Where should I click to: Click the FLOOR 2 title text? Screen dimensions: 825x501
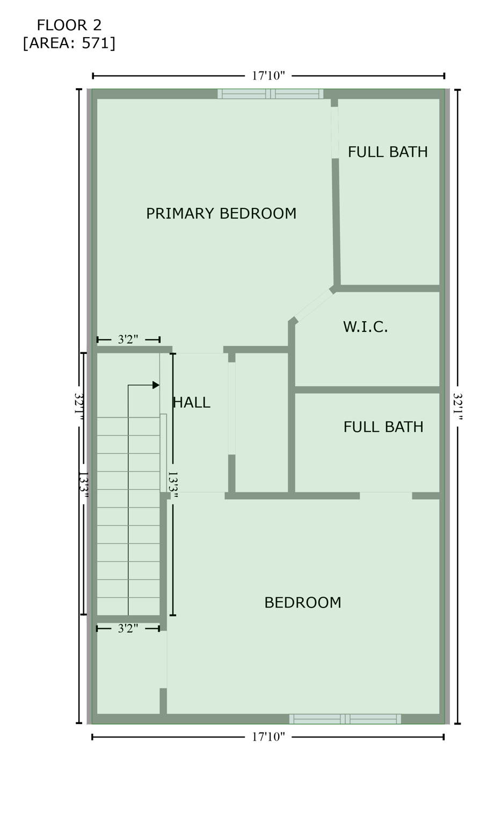69,25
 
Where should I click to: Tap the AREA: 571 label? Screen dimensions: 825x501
69,43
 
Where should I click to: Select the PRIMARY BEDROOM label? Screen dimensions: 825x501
221,214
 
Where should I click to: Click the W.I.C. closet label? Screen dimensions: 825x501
365,327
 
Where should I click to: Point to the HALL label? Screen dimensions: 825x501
192,403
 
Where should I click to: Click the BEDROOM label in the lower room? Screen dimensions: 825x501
303,603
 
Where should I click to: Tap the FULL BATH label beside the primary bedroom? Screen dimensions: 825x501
388,152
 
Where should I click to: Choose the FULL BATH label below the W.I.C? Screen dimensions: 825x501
383,427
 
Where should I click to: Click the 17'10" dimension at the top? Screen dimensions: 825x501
268,76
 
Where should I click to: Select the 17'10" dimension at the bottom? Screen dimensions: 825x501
268,737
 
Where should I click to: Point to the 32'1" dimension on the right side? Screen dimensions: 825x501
458,407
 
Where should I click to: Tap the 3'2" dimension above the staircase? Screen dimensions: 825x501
128,339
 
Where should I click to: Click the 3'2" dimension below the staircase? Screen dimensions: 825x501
128,628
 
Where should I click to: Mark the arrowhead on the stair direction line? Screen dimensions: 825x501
156,385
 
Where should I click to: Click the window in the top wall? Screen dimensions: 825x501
271,94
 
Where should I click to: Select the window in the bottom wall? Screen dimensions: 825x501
345,719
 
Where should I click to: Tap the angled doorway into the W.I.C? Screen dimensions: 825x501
314,306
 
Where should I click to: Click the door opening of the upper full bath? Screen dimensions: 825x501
335,133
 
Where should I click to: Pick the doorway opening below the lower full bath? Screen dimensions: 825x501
386,495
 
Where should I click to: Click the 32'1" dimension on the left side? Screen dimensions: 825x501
79,407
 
